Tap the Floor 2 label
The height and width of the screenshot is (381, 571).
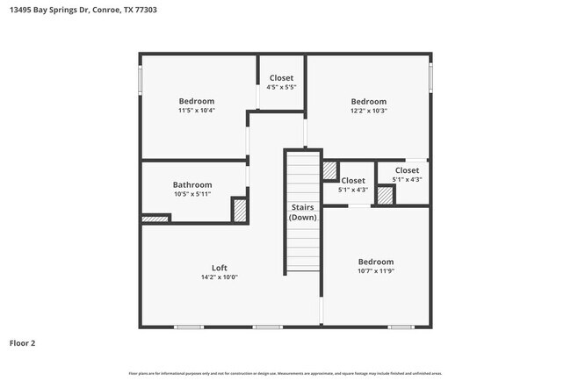(x=24, y=343)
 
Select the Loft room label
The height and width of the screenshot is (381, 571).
(x=219, y=268)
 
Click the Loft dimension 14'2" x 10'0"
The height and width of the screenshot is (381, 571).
(x=219, y=277)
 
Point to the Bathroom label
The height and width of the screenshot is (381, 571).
(x=192, y=185)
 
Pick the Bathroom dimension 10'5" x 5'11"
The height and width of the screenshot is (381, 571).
(x=192, y=194)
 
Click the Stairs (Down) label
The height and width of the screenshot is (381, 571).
(x=303, y=212)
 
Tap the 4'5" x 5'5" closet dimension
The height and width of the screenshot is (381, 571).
(x=281, y=87)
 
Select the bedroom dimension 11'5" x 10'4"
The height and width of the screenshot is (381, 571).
(x=197, y=111)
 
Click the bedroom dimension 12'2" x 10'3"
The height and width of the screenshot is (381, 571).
(x=368, y=111)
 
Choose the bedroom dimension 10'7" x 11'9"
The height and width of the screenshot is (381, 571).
(x=375, y=271)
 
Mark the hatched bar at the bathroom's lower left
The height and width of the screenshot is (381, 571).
(x=155, y=219)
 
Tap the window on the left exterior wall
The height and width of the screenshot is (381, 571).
(x=140, y=79)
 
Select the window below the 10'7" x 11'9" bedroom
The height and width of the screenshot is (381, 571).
(x=401, y=327)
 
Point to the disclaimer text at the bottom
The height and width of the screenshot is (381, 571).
(x=285, y=373)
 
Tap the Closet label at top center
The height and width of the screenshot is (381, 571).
(x=281, y=78)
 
